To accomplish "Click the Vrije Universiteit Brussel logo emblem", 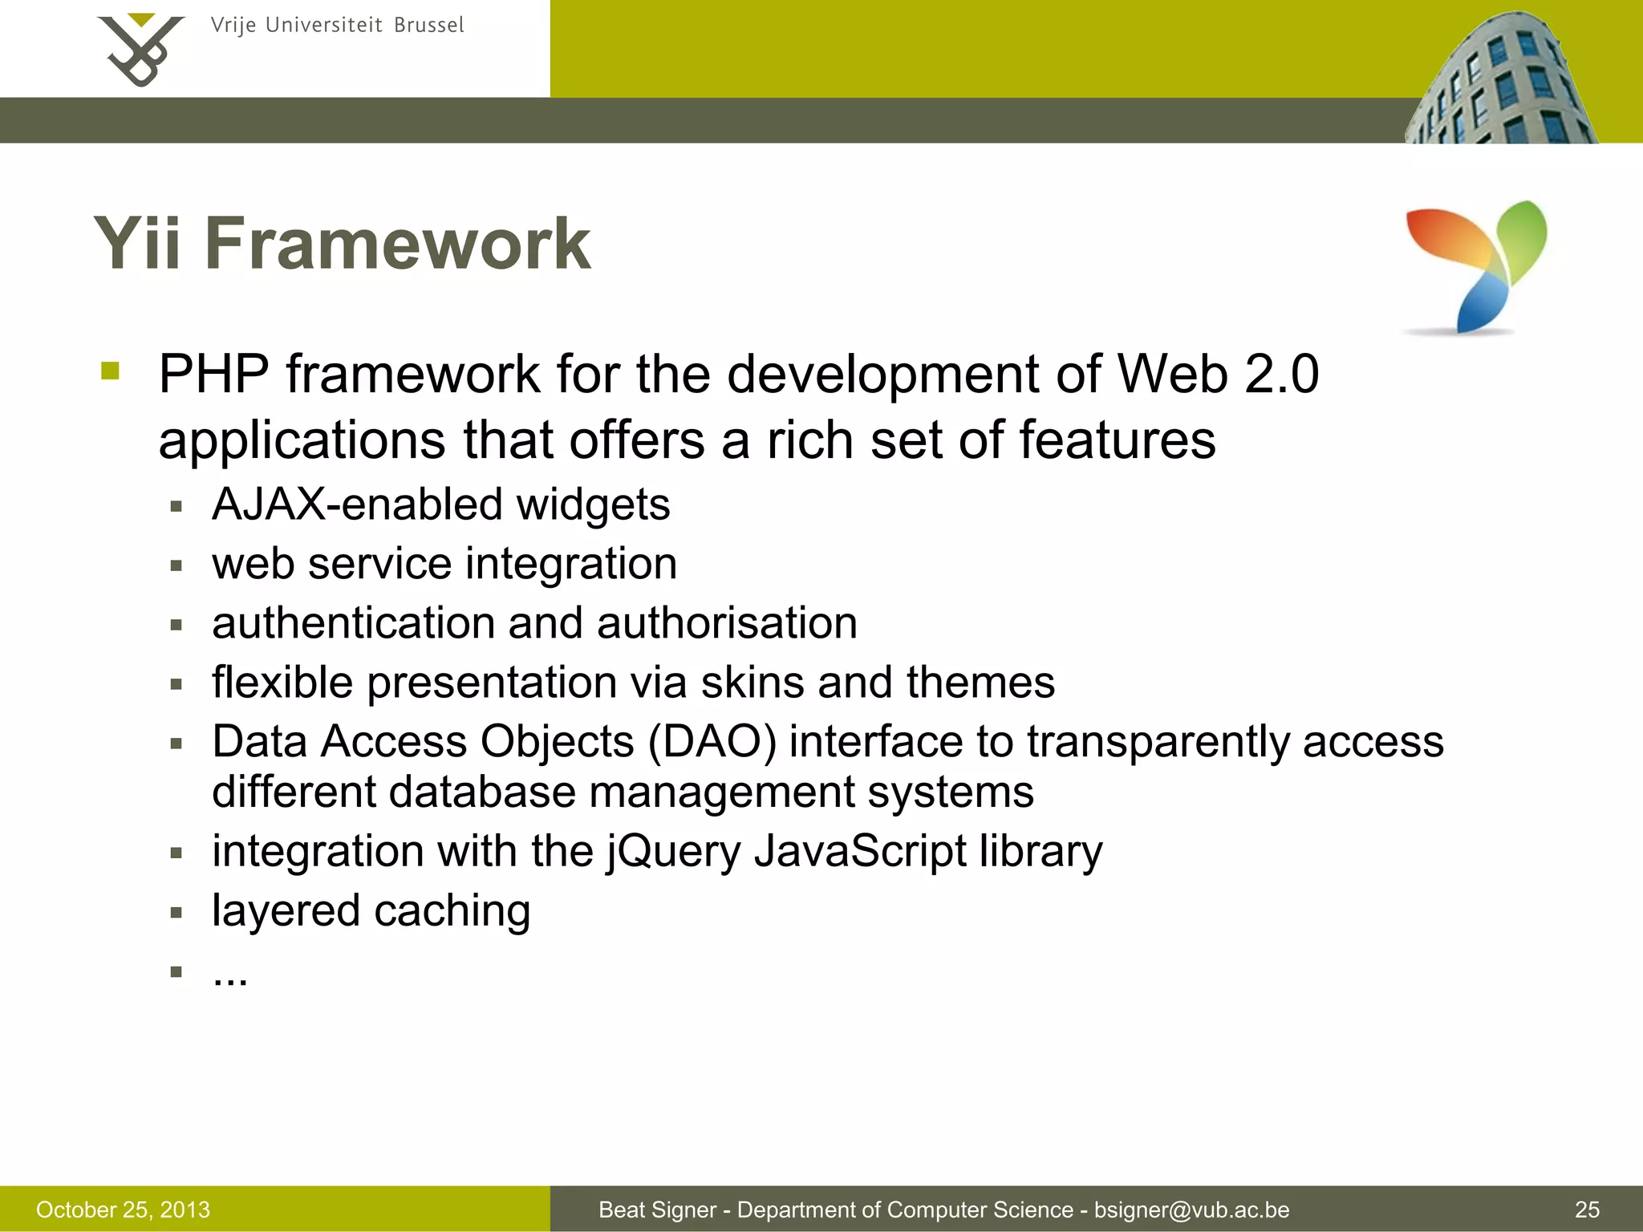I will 140,50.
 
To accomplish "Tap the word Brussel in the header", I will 428,26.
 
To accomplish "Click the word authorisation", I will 727,623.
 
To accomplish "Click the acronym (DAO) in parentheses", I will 712,741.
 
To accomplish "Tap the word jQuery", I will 674,852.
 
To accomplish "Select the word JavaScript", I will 860,852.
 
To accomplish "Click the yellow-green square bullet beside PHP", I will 111,371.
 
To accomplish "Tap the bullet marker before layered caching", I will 176,913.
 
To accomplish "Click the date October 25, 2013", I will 123,1210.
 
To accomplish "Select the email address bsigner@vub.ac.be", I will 1191,1210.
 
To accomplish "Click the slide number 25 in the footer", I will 1587,1210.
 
